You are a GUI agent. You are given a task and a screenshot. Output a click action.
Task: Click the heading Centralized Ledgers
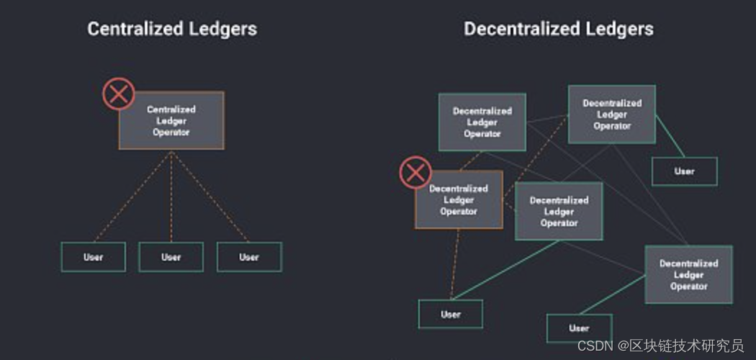click(x=172, y=29)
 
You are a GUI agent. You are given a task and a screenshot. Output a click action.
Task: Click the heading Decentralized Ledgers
click(x=558, y=29)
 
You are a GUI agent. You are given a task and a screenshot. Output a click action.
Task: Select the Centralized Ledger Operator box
click(x=171, y=120)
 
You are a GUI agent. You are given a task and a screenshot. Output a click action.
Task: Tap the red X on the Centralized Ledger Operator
click(x=119, y=94)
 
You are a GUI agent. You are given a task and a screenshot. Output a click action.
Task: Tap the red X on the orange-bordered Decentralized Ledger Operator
click(x=415, y=173)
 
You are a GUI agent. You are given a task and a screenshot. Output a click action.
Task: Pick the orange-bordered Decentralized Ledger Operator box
click(x=459, y=200)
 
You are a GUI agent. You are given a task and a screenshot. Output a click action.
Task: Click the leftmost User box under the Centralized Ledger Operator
click(x=93, y=257)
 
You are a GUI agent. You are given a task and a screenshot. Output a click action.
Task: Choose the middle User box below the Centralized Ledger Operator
click(x=171, y=257)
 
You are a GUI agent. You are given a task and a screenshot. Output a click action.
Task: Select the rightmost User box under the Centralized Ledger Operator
click(x=249, y=257)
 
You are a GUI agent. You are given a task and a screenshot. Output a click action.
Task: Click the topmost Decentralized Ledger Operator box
click(x=612, y=114)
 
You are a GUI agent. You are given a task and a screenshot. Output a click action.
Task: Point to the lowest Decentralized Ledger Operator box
click(x=688, y=274)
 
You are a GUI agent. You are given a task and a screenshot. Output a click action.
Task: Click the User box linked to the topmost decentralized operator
click(x=684, y=171)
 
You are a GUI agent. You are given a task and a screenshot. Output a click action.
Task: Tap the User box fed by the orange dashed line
click(x=451, y=314)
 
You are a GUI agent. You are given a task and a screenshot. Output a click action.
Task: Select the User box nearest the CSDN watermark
click(x=579, y=328)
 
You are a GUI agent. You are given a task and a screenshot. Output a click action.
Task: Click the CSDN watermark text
click(x=660, y=346)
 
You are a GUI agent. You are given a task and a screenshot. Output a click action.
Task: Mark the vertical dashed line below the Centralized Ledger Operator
click(x=171, y=194)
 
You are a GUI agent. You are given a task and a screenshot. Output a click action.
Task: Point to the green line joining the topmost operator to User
click(x=669, y=141)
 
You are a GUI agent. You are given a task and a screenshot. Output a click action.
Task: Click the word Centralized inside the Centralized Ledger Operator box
click(x=171, y=109)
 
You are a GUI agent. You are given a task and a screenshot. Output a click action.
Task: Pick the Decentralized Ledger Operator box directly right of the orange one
click(x=559, y=211)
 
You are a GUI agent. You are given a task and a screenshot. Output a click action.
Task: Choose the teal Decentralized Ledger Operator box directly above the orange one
click(x=482, y=122)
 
